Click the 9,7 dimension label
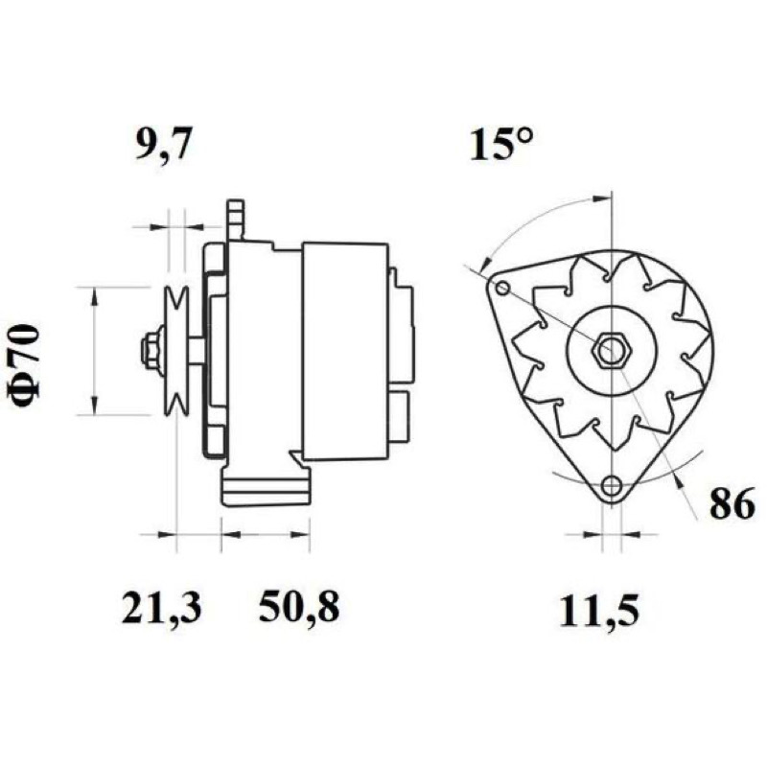pos(162,144)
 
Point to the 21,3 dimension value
pos(161,608)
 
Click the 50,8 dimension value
pos(299,608)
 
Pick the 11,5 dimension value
pos(599,612)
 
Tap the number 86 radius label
pos(732,505)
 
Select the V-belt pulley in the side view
pos(176,350)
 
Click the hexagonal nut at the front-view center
pos(612,350)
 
